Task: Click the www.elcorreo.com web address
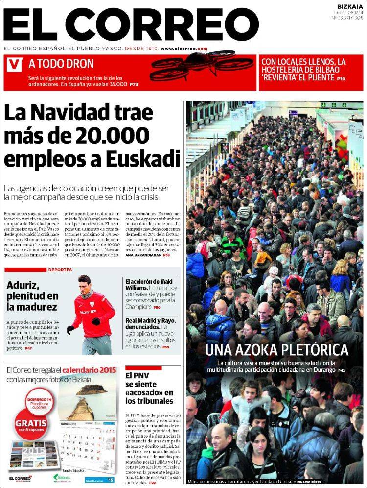(183, 49)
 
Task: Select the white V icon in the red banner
(15, 63)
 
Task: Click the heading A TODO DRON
(61, 63)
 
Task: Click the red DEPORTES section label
(60, 270)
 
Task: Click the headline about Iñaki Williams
(149, 282)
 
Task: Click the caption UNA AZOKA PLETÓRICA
(276, 350)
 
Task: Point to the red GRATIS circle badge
(31, 422)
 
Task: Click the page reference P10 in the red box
(341, 78)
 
